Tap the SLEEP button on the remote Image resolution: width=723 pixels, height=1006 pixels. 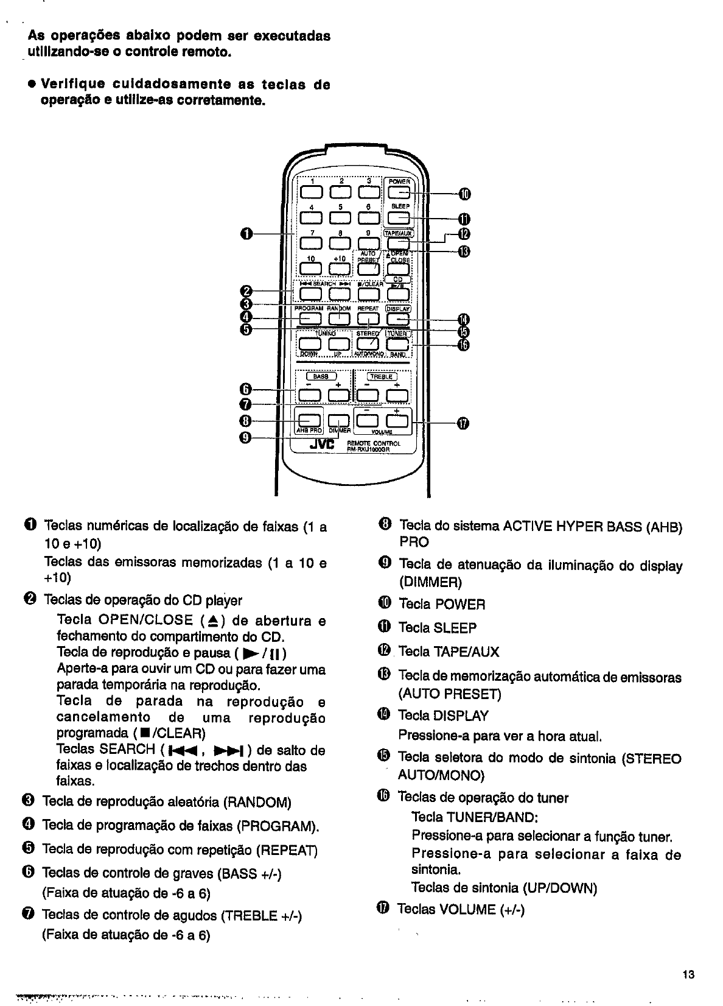[x=399, y=219]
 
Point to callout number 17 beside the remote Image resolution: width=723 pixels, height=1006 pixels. [x=462, y=423]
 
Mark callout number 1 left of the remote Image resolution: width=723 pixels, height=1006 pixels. [x=246, y=233]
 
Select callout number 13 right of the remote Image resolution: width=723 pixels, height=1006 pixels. [x=464, y=251]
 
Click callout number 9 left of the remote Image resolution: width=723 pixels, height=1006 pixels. [x=246, y=438]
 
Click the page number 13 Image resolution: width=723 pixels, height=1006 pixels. [x=688, y=974]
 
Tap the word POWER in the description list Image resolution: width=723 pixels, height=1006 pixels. [x=459, y=605]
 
